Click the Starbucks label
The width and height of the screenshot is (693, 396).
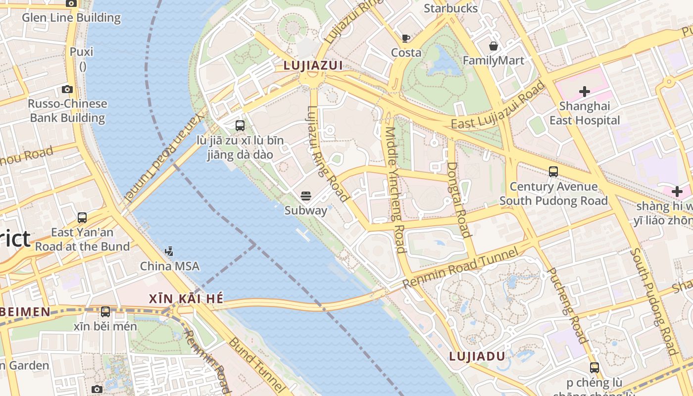451,8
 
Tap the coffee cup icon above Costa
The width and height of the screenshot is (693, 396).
406,38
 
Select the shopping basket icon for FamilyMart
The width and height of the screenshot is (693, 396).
494,46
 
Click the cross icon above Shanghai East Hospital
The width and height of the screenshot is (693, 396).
584,92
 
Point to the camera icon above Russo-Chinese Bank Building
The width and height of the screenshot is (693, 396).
67,90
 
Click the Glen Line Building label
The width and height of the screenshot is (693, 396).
71,18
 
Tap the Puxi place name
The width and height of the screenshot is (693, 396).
82,51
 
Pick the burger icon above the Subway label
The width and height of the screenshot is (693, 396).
306,197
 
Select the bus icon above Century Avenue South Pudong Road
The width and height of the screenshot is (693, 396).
553,172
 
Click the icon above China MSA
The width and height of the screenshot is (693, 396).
169,251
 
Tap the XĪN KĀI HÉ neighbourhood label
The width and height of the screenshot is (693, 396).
186,298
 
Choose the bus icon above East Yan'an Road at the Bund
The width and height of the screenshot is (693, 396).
82,218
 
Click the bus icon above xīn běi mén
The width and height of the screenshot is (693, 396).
105,312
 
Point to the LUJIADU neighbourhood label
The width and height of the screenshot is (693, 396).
477,356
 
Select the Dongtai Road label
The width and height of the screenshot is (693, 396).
458,199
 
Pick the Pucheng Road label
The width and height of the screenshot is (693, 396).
567,305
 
